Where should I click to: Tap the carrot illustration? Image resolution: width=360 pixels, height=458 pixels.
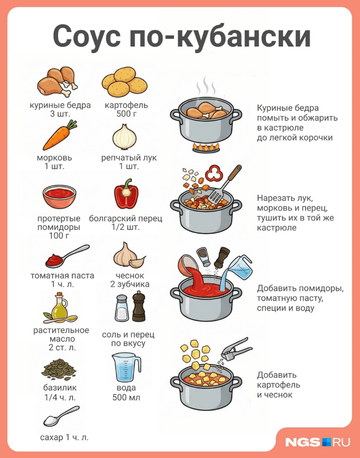(x=59, y=136)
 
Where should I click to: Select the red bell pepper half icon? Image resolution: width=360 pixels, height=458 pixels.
(x=126, y=195)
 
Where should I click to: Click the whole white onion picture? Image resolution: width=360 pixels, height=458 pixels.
(x=125, y=136)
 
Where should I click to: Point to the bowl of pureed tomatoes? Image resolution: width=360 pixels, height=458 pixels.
(x=59, y=196)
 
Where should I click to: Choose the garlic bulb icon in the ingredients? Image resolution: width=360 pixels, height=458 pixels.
(x=128, y=255)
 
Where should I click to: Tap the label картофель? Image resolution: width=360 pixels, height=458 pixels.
(x=126, y=105)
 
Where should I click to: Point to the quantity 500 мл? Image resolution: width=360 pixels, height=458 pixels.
(x=126, y=397)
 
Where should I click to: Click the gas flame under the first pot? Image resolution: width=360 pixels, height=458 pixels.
(x=205, y=147)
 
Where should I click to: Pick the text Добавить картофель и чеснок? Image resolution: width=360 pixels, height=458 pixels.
(x=279, y=385)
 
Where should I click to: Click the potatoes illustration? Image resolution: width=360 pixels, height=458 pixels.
(x=125, y=81)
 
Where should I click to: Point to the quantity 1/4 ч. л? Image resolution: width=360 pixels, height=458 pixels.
(x=60, y=397)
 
